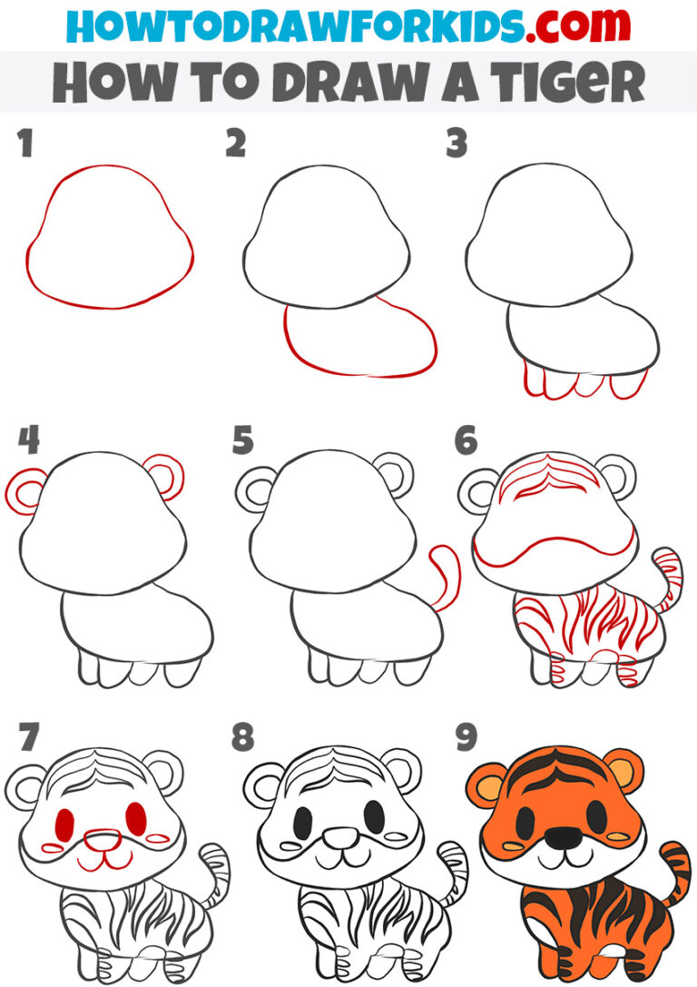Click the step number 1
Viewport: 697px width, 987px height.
pyautogui.click(x=25, y=143)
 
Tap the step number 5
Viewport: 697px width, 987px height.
pyautogui.click(x=243, y=439)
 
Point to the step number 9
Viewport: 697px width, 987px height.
pyautogui.click(x=466, y=736)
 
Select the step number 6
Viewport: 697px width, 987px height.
pyautogui.click(x=466, y=439)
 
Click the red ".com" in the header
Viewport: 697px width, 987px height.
pyautogui.click(x=577, y=25)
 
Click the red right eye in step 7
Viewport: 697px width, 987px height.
pyautogui.click(x=136, y=818)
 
